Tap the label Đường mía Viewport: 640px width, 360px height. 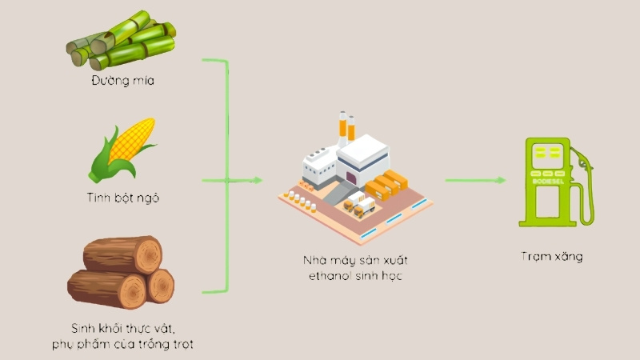123,81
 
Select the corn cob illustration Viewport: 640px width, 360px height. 122,150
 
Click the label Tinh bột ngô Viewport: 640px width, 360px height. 123,198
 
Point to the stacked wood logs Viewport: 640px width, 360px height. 121,272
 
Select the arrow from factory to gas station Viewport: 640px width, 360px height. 475,180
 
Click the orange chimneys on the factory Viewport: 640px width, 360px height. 346,126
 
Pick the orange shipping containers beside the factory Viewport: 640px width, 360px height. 386,185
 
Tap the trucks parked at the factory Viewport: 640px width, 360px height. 359,204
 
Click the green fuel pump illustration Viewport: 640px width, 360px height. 556,182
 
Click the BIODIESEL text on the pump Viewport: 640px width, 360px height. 548,182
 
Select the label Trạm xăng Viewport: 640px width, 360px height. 552,257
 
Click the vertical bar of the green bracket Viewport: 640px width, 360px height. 226,176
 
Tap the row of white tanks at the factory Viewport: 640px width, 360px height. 302,202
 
